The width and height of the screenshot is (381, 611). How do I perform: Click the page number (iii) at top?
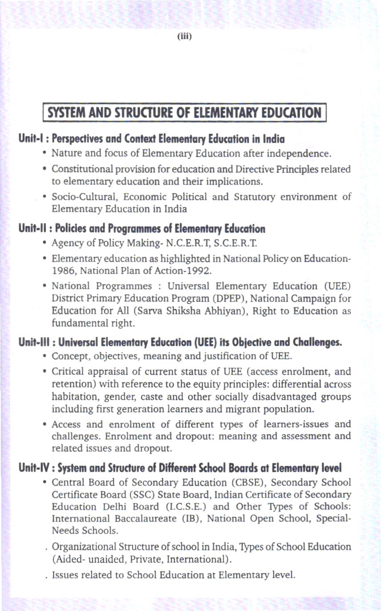click(x=184, y=36)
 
